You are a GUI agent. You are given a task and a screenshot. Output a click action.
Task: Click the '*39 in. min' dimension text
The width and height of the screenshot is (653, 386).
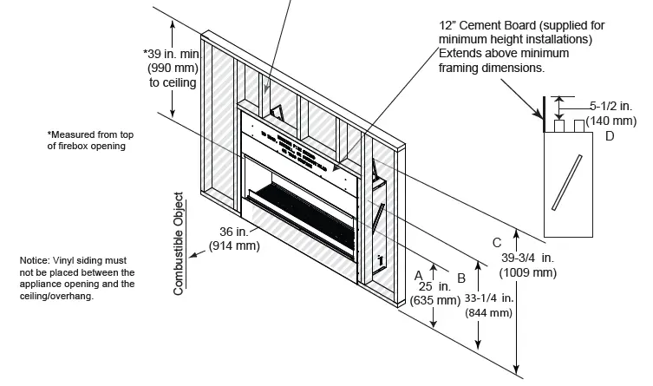click(x=170, y=53)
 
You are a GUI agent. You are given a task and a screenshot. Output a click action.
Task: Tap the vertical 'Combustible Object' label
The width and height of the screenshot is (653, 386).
click(x=180, y=244)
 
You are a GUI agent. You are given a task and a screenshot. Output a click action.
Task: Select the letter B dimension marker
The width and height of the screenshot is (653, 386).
click(x=461, y=278)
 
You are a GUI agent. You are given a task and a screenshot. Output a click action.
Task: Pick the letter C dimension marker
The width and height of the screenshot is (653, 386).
click(x=496, y=242)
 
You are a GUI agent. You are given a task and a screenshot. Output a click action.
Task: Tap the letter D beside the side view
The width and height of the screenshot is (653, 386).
click(x=610, y=136)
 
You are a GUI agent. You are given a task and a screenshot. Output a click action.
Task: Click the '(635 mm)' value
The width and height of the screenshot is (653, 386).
click(x=435, y=300)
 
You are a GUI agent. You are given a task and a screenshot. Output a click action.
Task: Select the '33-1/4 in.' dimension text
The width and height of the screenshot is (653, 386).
click(x=489, y=298)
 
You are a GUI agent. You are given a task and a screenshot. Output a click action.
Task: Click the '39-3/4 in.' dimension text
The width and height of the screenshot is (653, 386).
click(x=528, y=258)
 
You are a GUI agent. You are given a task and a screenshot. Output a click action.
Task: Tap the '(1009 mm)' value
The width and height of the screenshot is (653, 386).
click(x=528, y=272)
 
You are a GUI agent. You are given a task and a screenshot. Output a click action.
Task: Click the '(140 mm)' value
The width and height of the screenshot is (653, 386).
click(x=611, y=121)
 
